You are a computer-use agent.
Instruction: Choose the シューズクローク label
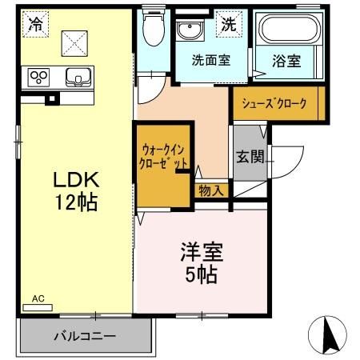click(x=279, y=102)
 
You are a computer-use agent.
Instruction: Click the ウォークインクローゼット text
click(x=165, y=155)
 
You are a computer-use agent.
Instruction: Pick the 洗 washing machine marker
click(x=229, y=25)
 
